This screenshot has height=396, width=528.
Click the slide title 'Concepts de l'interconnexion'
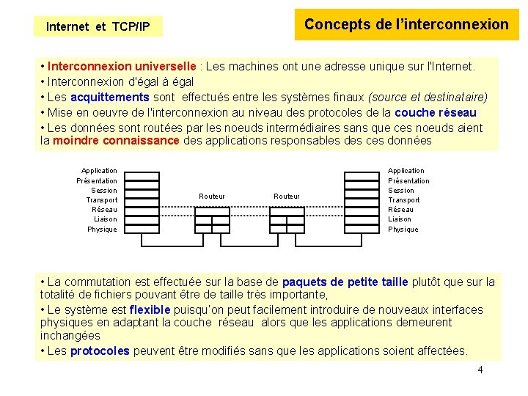[406, 24]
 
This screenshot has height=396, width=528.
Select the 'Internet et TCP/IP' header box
[98, 27]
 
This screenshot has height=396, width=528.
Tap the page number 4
[480, 370]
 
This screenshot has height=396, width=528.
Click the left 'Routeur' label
[212, 196]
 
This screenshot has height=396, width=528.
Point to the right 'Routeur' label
[287, 196]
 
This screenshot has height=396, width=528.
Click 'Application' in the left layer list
[99, 171]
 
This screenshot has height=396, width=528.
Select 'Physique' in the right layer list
[403, 229]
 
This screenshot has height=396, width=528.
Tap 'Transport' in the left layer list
[102, 200]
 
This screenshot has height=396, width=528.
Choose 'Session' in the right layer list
[401, 190]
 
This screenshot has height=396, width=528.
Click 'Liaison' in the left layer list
[105, 219]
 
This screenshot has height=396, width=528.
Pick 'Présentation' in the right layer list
[408, 180]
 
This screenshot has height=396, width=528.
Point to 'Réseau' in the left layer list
[104, 210]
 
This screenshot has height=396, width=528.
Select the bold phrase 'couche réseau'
[436, 112]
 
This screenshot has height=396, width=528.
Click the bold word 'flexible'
[150, 309]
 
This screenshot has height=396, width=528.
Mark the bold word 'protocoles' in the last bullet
[100, 351]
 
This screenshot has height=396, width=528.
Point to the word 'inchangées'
[70, 335]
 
